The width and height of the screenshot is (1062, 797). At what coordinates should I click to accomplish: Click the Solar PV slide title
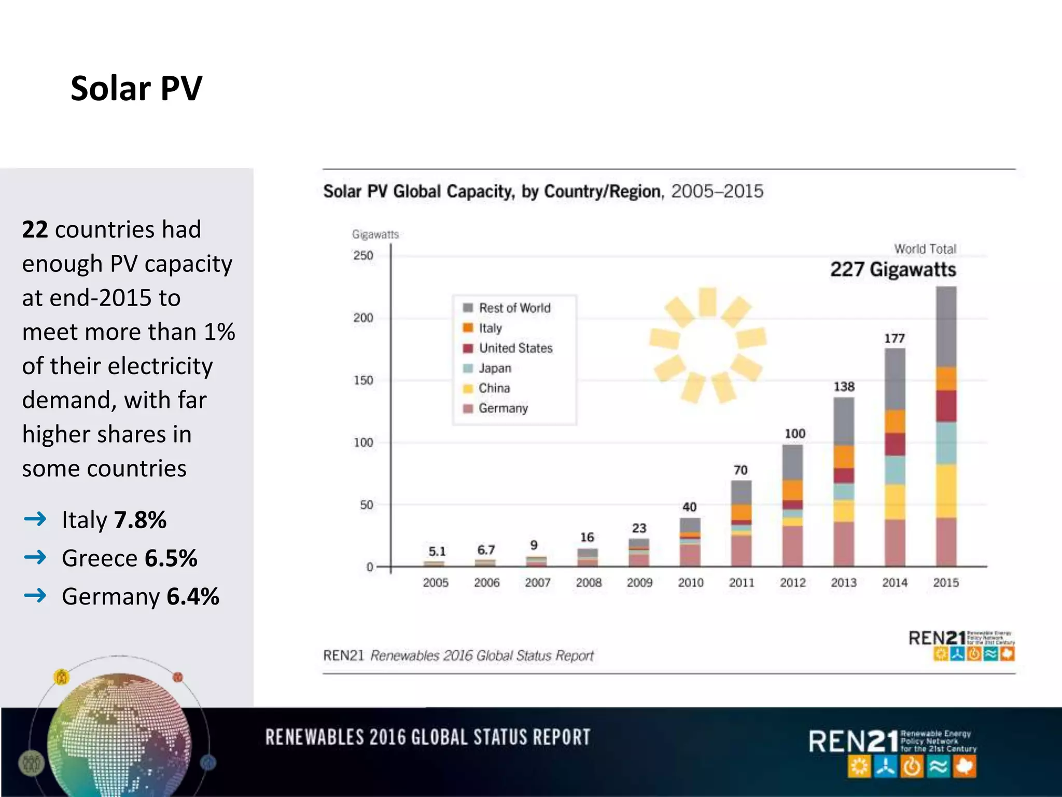point(136,88)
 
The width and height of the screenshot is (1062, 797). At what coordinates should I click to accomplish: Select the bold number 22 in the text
point(35,229)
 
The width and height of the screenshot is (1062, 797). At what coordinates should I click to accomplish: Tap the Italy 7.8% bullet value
point(140,520)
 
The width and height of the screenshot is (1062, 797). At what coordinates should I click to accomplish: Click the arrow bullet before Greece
point(35,557)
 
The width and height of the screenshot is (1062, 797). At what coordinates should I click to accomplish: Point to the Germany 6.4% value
point(193,597)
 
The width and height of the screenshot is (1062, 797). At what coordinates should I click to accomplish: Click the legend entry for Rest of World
point(514,308)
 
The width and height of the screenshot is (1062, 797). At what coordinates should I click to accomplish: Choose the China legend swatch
point(468,388)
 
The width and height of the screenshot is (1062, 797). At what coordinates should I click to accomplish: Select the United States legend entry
point(515,348)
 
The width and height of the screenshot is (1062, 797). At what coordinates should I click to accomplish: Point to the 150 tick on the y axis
point(363,380)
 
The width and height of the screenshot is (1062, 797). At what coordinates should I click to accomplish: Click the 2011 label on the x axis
point(742,583)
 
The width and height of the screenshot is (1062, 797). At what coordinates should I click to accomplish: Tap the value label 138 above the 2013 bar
point(844,387)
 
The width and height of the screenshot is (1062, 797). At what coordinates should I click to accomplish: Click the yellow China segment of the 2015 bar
point(946,490)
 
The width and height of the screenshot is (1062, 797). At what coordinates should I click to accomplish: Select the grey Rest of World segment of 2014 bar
point(895,379)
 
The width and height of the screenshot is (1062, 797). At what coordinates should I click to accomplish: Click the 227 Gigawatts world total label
point(893,269)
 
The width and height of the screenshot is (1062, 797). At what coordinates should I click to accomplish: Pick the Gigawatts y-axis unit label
point(375,235)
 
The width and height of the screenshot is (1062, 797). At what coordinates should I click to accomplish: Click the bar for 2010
point(690,542)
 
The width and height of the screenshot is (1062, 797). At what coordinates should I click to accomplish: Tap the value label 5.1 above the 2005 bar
point(437,551)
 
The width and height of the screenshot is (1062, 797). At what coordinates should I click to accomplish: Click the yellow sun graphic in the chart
point(707,345)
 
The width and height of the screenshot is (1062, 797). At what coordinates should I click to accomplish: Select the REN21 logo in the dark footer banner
point(892,752)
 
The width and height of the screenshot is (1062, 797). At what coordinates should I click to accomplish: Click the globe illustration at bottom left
point(119,737)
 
